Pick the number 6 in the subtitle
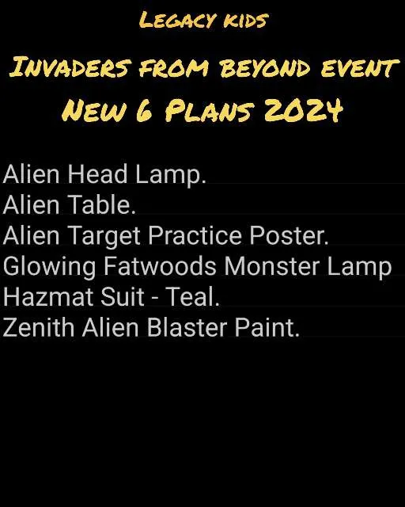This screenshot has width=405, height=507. pos(143,111)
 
